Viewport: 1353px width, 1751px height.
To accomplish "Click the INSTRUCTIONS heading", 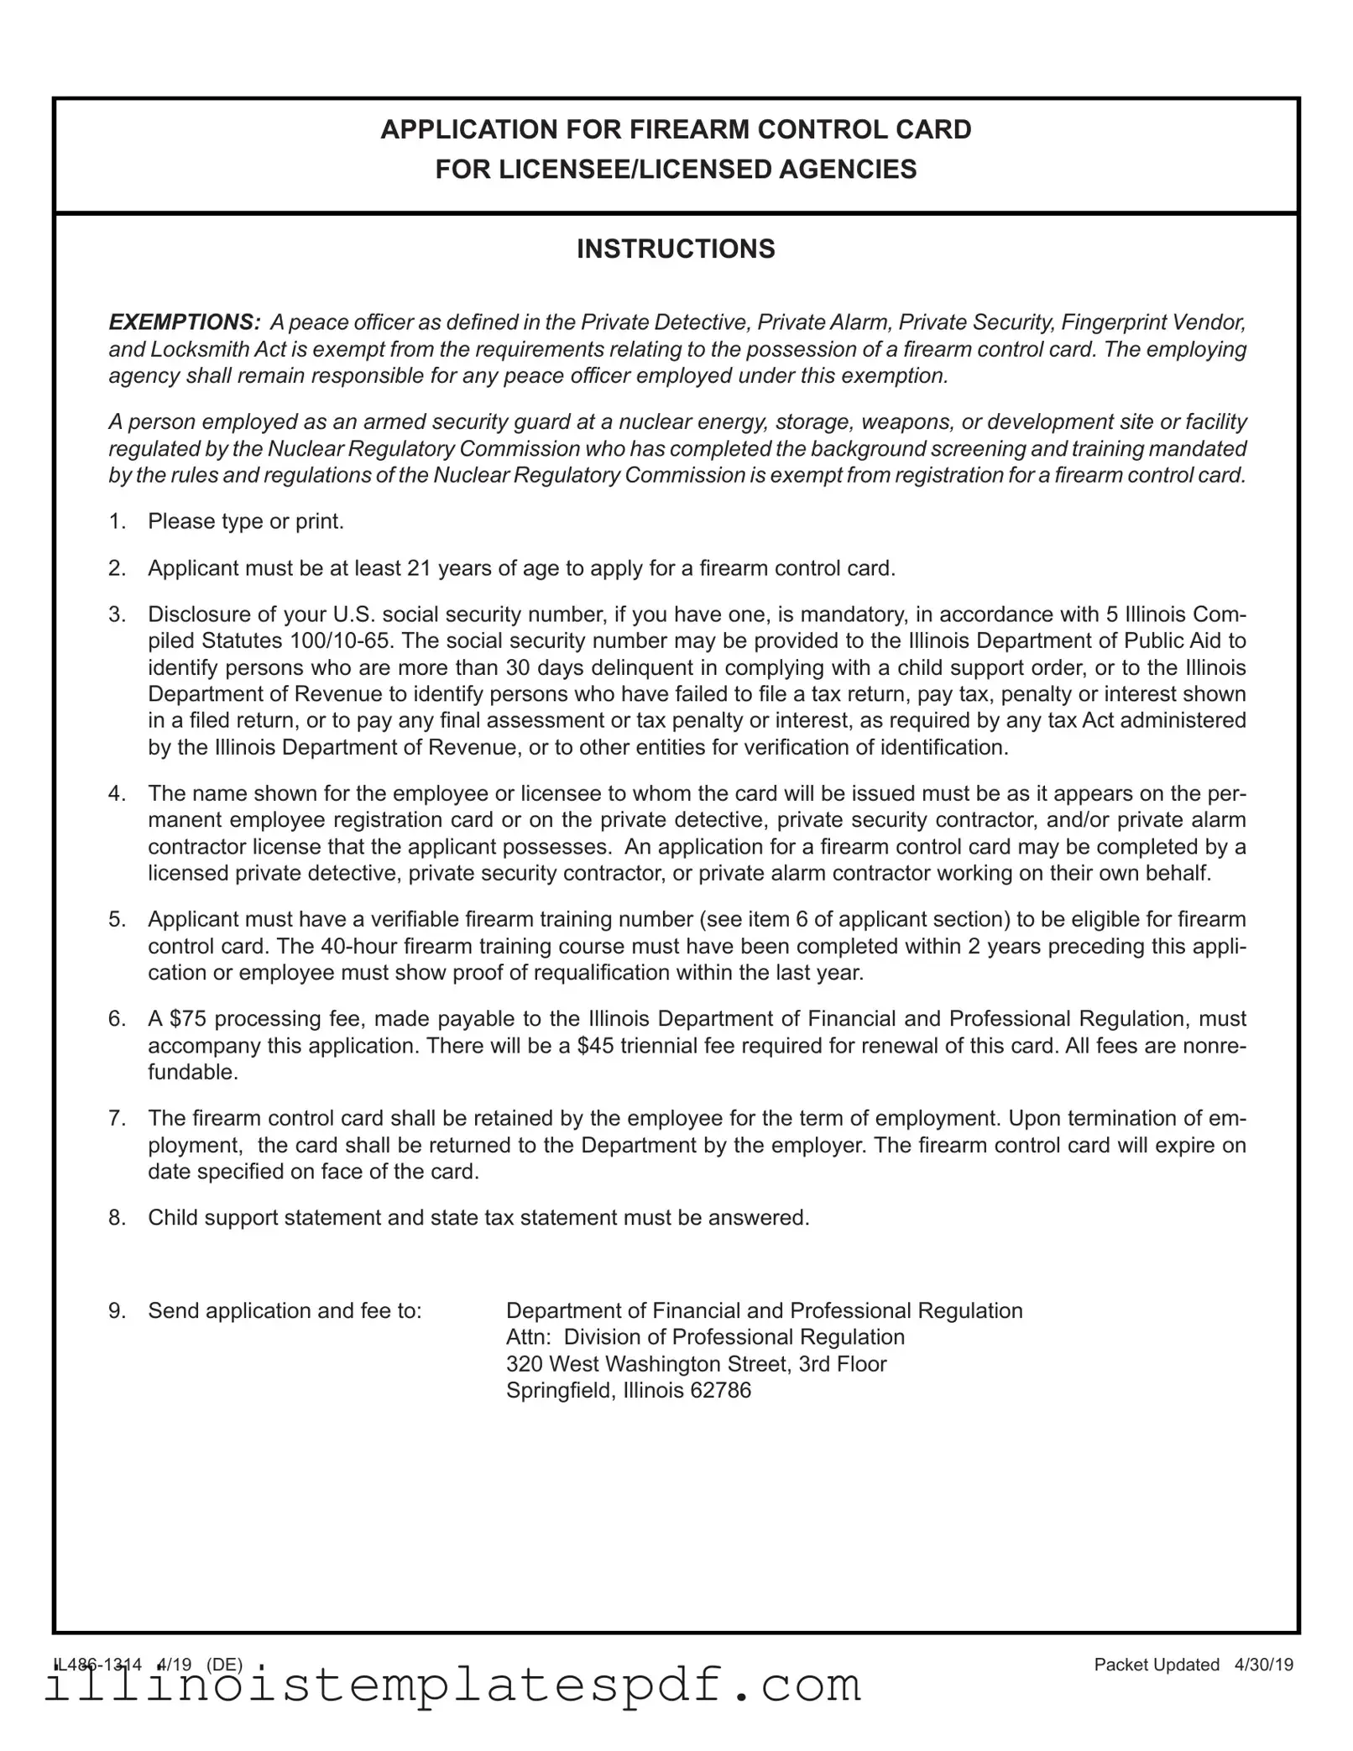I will tap(676, 249).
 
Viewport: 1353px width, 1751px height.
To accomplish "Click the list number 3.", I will tap(116, 614).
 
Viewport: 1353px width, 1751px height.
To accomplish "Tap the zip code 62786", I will tap(720, 1391).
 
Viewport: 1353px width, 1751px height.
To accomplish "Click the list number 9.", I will tap(116, 1311).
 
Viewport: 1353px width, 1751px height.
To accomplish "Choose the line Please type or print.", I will tap(246, 522).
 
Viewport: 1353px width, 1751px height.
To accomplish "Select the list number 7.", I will tap(116, 1119).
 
